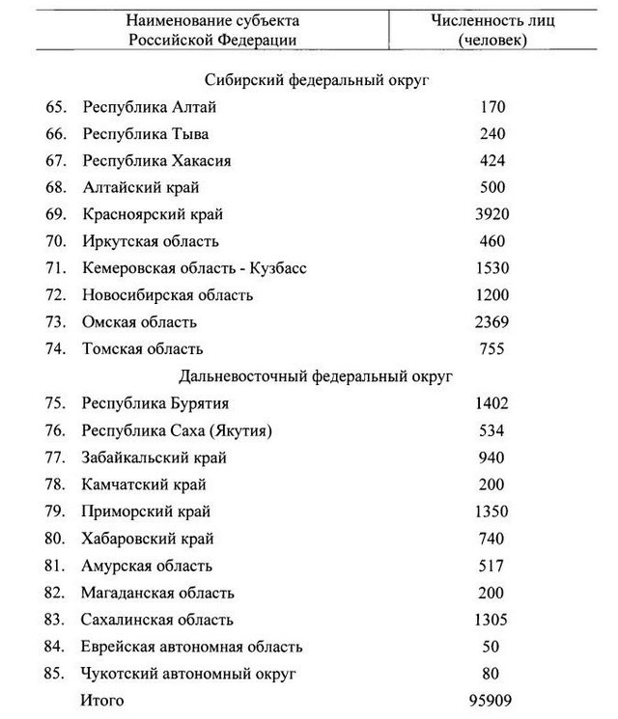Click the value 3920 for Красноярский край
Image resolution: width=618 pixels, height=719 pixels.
[x=492, y=214]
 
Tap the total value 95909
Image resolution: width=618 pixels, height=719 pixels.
[x=492, y=700]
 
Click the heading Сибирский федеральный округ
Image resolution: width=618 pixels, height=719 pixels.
[x=317, y=80]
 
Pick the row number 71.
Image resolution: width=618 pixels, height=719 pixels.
[x=55, y=268]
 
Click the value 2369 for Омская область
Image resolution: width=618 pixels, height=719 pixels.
[x=492, y=322]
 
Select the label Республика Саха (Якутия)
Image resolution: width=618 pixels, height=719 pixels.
[x=178, y=430]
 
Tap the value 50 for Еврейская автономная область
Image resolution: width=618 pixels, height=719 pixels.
[x=492, y=647]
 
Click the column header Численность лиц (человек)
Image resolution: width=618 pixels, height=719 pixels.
[x=492, y=30]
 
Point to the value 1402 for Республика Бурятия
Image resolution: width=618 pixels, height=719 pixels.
[x=492, y=403]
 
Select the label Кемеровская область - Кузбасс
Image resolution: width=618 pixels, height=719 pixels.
[x=194, y=268]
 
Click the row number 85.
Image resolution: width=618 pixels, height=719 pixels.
[x=55, y=674]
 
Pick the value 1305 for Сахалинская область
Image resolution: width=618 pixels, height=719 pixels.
[x=492, y=620]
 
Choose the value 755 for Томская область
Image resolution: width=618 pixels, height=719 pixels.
[x=492, y=349]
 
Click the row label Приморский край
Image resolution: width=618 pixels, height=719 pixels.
[x=146, y=512]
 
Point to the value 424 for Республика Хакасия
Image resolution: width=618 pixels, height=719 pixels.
[x=492, y=161]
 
